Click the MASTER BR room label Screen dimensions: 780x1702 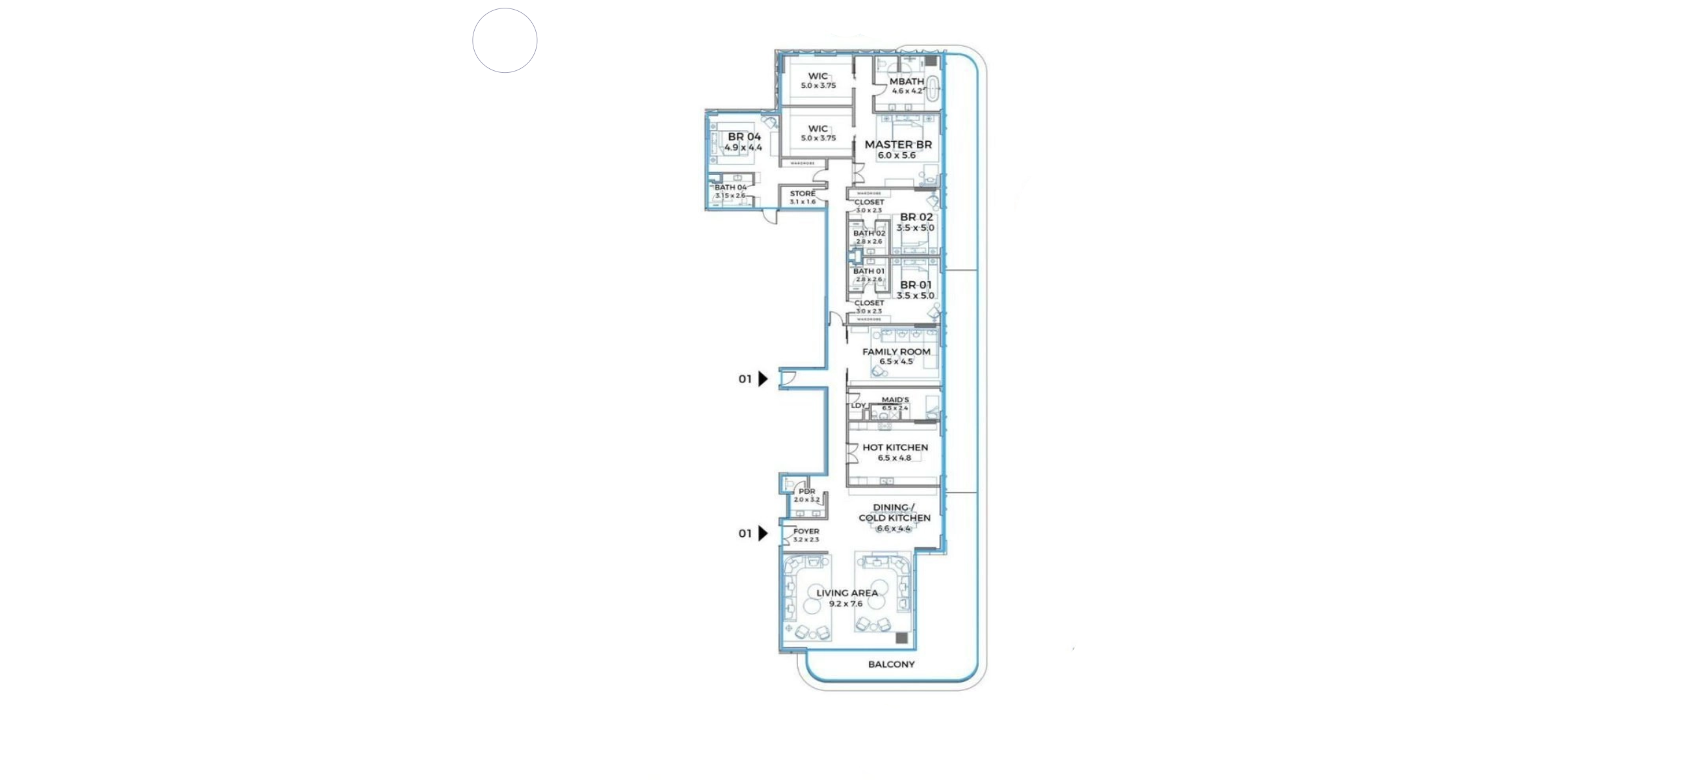point(898,145)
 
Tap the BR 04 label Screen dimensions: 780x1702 point(744,136)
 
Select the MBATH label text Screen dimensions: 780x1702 point(907,81)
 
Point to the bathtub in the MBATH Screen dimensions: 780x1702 point(933,88)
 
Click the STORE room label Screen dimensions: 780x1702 point(803,194)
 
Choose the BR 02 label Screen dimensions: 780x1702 point(916,216)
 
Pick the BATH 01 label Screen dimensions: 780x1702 point(868,271)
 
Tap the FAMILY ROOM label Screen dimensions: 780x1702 point(896,352)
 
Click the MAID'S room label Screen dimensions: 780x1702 point(896,400)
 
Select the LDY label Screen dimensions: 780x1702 point(858,406)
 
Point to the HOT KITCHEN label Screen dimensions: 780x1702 point(896,447)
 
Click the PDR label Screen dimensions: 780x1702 point(806,491)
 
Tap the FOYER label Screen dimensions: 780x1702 point(806,531)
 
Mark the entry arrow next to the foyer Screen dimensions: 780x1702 point(763,533)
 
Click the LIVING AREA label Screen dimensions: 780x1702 point(847,592)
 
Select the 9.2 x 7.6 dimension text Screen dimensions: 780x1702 point(845,604)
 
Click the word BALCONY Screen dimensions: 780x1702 point(891,664)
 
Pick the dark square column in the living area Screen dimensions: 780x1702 point(901,638)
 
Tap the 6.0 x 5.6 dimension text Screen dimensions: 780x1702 point(897,156)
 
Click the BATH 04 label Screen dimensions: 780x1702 point(730,188)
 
